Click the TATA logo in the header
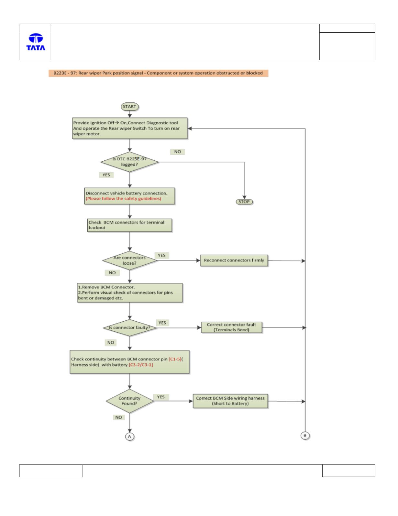tap(36, 42)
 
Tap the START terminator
tap(129, 107)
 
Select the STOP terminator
tap(244, 202)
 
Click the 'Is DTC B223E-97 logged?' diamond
tap(129, 162)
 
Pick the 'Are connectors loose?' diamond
tap(129, 260)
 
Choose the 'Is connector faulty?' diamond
tap(129, 328)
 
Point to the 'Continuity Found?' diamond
tap(129, 401)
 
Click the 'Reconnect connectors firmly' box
tap(234, 260)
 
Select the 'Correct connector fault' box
tap(231, 327)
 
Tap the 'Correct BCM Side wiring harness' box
tap(230, 401)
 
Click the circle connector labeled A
tap(129, 436)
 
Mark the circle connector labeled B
tap(305, 435)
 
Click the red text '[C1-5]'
tap(175, 359)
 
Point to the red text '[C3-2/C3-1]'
tap(141, 365)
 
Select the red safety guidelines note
tap(123, 199)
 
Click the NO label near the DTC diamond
tap(177, 152)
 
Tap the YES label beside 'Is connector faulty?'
tap(162, 323)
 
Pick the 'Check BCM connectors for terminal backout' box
tap(129, 225)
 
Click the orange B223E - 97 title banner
tap(159, 73)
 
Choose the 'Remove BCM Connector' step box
tap(130, 292)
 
